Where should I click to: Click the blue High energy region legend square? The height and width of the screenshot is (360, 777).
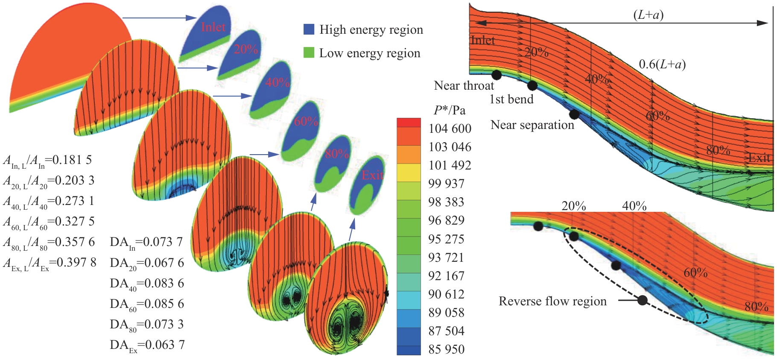coord(309,29)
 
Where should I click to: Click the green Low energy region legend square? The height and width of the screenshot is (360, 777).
coord(309,53)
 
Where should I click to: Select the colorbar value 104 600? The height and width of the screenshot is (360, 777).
coord(450,129)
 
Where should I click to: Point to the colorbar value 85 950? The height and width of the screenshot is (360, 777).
coord(446,349)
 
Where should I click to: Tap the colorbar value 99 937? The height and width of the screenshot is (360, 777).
coord(446,184)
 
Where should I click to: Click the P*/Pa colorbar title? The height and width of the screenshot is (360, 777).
coord(449,110)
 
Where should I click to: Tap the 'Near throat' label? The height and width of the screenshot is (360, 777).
coord(464,86)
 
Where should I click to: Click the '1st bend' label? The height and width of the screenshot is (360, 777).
coord(511,100)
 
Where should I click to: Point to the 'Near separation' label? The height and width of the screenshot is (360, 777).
coord(532,125)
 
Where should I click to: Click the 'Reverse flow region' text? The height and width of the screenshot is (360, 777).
coord(552,301)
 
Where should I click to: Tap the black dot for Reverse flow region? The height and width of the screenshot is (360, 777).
coord(643,300)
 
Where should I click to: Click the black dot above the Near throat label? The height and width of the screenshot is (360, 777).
coord(496,75)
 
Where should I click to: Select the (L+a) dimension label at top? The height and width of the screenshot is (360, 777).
coord(648,15)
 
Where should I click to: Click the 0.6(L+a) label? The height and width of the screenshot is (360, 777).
coord(662,64)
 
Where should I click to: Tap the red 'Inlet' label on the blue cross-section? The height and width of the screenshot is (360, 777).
coord(213,27)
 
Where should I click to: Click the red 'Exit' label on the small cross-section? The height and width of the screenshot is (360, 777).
coord(372,175)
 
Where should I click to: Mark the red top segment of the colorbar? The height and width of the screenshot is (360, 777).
coord(409,123)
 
